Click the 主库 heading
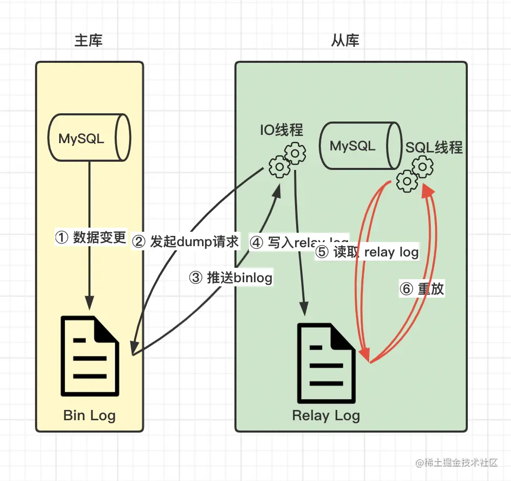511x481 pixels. click(x=89, y=41)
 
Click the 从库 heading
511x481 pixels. click(x=345, y=41)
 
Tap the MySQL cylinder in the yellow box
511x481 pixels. click(x=88, y=138)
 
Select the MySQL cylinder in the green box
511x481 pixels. click(x=359, y=146)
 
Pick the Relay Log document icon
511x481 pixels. click(x=326, y=364)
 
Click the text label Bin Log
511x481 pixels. click(x=89, y=415)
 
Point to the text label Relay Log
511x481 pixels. click(x=326, y=415)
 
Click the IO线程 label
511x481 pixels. click(x=281, y=130)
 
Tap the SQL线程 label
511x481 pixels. click(x=434, y=148)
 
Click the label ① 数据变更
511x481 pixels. click(x=90, y=237)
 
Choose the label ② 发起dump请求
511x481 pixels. click(x=186, y=242)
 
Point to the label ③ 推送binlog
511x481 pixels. click(x=230, y=278)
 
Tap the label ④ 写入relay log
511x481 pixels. click(x=298, y=242)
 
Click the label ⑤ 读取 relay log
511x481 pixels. click(x=367, y=252)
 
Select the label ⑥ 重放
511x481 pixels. click(x=422, y=289)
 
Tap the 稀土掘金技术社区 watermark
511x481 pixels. click(x=457, y=462)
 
